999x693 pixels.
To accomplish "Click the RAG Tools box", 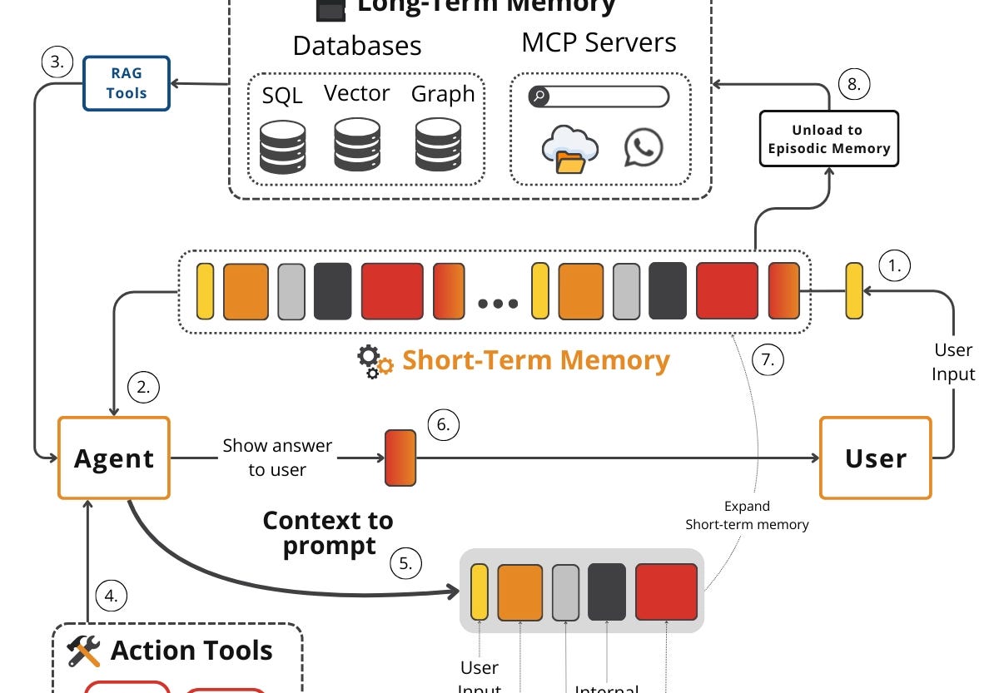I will (x=127, y=83).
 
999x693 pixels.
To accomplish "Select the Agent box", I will (x=114, y=458).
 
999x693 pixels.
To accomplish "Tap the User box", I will (x=875, y=458).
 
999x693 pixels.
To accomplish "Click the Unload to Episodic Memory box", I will (x=829, y=139).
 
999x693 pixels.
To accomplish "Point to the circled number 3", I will (x=57, y=62).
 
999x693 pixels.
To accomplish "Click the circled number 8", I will (x=854, y=84).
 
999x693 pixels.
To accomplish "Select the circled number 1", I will (x=895, y=266).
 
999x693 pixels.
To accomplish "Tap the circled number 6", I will (x=444, y=425).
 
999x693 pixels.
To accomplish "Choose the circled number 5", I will (x=405, y=563).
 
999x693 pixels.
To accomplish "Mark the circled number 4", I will (x=112, y=595).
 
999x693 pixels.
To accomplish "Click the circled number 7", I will (x=768, y=359).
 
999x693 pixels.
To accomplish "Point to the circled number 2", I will (x=142, y=386).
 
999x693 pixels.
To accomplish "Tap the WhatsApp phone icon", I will (x=644, y=147).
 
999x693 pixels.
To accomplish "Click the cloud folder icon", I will (x=569, y=149).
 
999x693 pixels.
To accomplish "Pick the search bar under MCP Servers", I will (x=599, y=97).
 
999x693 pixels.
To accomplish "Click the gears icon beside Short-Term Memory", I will (x=375, y=362).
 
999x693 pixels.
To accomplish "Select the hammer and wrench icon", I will (x=84, y=651).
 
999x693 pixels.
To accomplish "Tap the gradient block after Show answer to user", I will (x=400, y=458).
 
